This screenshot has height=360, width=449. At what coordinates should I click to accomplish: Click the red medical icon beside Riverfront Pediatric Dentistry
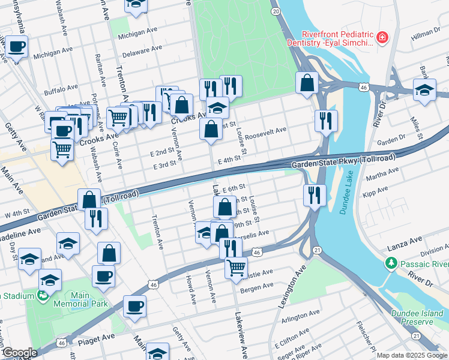point(381,39)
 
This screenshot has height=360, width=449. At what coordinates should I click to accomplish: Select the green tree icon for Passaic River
point(391,264)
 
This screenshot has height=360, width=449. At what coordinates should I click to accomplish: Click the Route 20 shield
point(276,11)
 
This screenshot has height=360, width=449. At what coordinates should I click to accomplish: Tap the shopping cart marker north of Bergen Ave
point(237,266)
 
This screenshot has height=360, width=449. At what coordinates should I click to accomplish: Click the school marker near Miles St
point(424,90)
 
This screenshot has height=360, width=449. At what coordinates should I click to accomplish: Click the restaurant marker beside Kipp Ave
point(313,194)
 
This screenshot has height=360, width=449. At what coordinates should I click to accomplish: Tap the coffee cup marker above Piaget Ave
point(134,307)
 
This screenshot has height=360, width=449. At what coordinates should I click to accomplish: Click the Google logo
point(20,353)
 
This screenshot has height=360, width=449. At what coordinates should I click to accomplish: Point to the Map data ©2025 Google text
point(412,355)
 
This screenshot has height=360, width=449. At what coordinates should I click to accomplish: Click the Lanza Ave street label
point(405,239)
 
